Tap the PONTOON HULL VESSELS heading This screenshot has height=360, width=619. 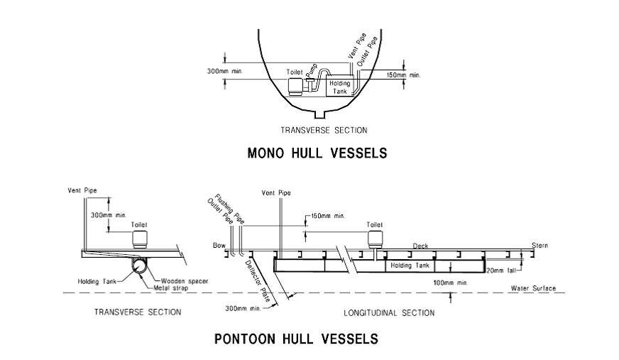pos(296,339)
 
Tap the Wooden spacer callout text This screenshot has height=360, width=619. pos(185,281)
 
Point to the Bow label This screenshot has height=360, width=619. pos(219,246)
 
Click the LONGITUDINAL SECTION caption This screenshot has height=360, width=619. pos(390,312)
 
